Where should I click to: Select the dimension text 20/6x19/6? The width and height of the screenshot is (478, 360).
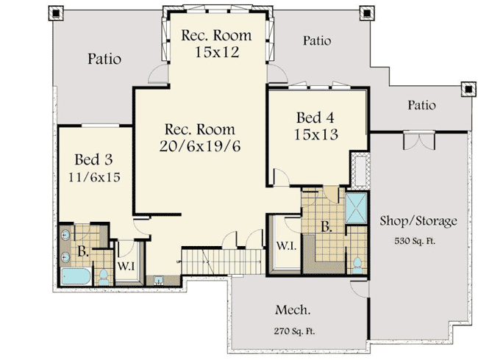click(200, 145)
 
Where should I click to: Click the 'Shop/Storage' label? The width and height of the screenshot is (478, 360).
click(418, 220)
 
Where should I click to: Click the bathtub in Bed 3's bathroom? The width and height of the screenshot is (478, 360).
click(76, 277)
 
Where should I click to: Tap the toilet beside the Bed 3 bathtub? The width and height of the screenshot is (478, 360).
click(104, 277)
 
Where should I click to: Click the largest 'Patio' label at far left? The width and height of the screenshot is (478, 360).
click(104, 59)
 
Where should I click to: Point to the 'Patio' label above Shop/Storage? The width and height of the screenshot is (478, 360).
click(421, 106)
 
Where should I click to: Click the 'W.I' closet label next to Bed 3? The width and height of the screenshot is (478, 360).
click(125, 265)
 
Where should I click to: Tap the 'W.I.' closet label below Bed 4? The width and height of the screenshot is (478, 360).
click(286, 245)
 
